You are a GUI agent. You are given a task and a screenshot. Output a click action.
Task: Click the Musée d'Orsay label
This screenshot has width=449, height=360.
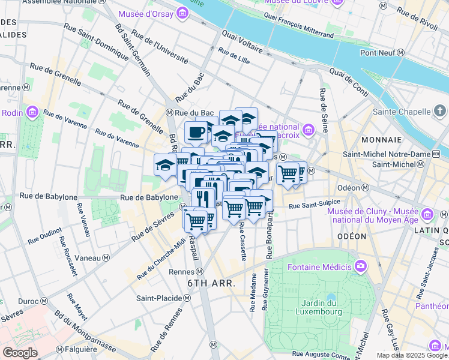(146, 13)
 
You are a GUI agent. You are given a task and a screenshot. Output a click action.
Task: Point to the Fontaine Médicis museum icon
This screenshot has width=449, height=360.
(360, 265)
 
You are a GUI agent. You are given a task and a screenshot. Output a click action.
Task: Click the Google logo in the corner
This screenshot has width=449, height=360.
(20, 353)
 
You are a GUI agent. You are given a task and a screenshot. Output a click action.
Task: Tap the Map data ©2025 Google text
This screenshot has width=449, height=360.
(411, 355)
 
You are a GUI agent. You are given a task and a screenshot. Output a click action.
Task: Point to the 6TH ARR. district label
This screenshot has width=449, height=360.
(210, 283)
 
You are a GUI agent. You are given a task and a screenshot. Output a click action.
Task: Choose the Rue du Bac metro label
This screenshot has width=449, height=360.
(190, 112)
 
